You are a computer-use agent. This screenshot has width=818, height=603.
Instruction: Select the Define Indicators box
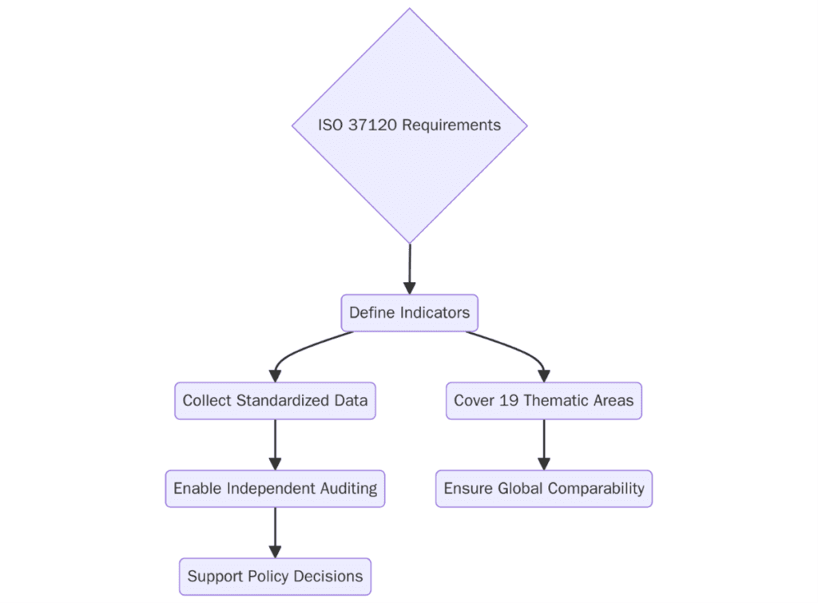[x=409, y=313]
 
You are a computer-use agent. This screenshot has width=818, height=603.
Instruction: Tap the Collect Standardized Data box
[x=275, y=401]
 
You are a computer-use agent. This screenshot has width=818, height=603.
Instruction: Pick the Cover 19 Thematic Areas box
[x=543, y=401]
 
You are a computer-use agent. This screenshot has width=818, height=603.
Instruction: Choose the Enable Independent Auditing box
[x=275, y=488]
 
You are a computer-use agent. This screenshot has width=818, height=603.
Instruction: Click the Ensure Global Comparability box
[x=543, y=488]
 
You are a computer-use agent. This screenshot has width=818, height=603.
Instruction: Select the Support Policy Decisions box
[x=275, y=576]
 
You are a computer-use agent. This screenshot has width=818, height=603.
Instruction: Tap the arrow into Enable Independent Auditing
[x=275, y=445]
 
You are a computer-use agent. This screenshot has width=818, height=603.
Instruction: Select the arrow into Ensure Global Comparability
[x=543, y=445]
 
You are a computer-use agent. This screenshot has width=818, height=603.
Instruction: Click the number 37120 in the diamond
[x=373, y=125]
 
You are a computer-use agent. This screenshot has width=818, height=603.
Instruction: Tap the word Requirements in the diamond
[x=451, y=125]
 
